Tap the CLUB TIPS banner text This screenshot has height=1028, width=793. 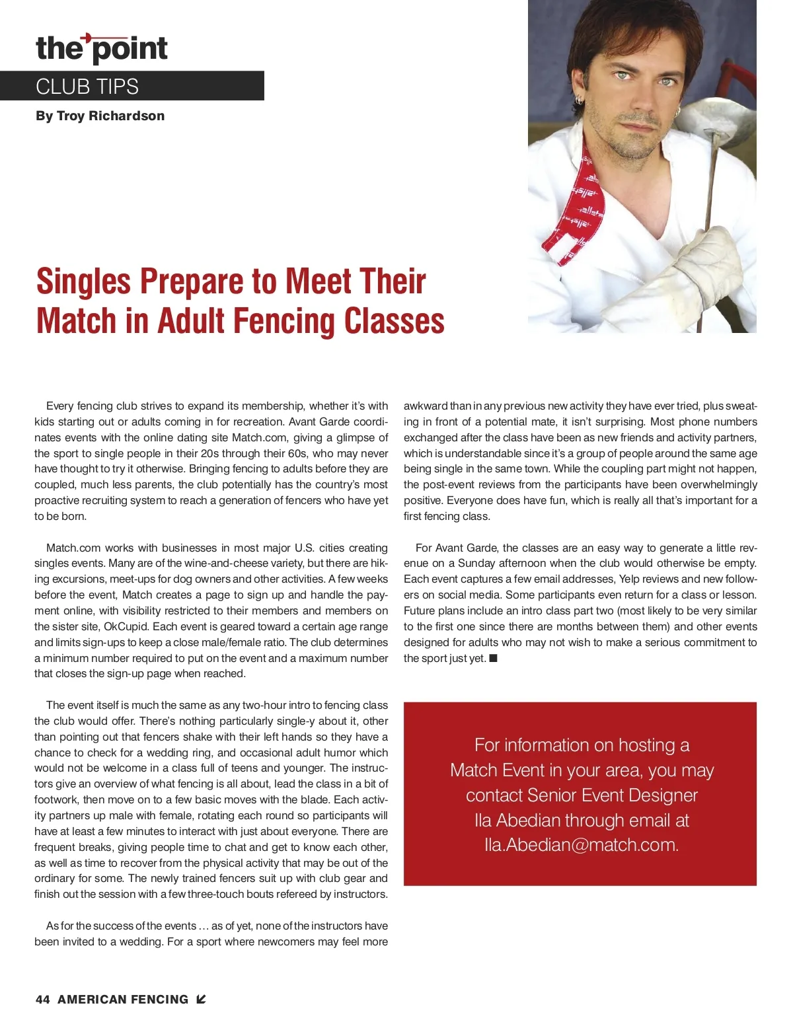point(87,87)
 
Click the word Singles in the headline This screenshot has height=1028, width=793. point(84,281)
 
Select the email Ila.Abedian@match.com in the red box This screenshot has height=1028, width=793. point(582,845)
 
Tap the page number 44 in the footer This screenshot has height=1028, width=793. point(43,1000)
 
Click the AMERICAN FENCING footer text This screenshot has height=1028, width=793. point(123,1000)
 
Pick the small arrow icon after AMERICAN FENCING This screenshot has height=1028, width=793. point(201,1000)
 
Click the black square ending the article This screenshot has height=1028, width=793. point(493,658)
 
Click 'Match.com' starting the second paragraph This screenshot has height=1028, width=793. point(73,548)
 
